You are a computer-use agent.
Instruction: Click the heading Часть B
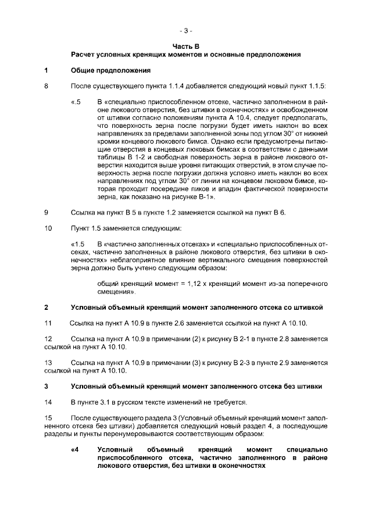pyautogui.click(x=185, y=45)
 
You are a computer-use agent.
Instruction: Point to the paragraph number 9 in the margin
pyautogui.click(x=46, y=212)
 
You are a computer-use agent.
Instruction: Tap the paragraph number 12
pyautogui.click(x=48, y=338)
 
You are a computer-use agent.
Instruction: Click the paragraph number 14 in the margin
pyautogui.click(x=48, y=402)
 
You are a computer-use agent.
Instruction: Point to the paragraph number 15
pyautogui.click(x=48, y=417)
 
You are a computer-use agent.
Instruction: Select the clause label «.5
pyautogui.click(x=76, y=102)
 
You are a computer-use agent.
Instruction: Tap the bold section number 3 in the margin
pyautogui.click(x=46, y=386)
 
